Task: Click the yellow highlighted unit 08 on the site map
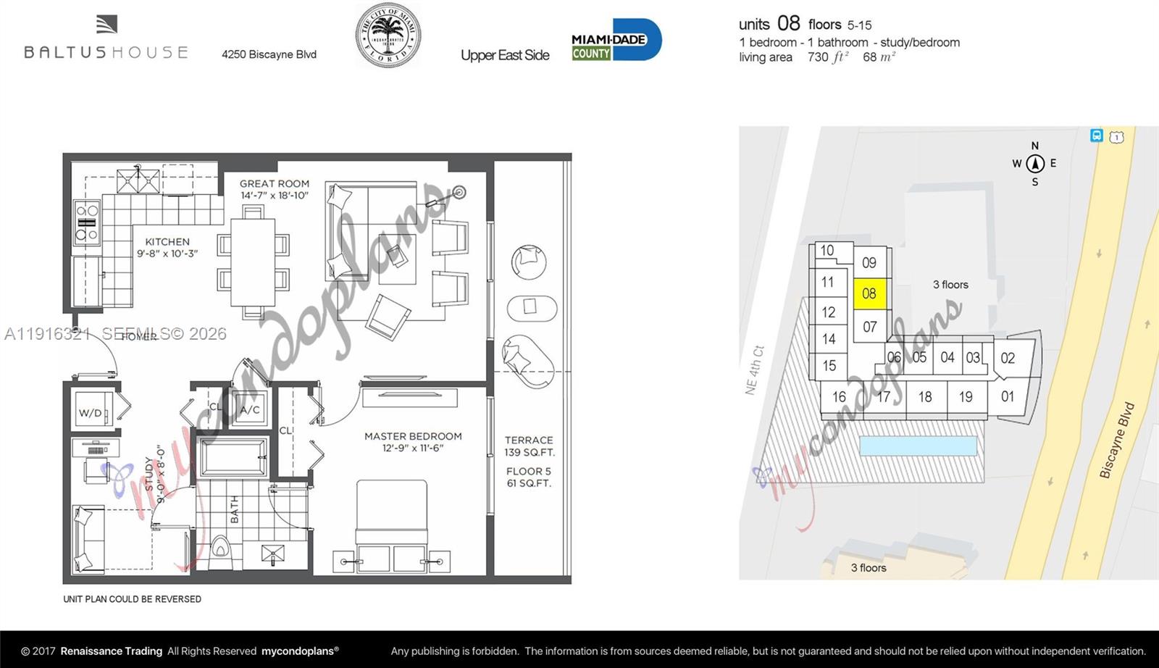click(x=869, y=293)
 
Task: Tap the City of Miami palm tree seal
click(x=388, y=36)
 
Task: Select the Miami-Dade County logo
click(x=616, y=40)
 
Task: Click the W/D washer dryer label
click(x=91, y=413)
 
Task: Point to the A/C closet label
click(x=250, y=410)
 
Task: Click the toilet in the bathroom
click(x=220, y=554)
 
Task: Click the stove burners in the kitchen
click(x=87, y=222)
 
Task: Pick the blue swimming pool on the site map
click(x=918, y=445)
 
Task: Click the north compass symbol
click(x=1034, y=163)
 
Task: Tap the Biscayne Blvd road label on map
click(x=1116, y=441)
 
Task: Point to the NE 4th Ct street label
click(x=754, y=370)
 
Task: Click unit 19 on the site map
click(x=966, y=397)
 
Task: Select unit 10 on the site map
click(x=827, y=251)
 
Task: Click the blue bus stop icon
click(x=1097, y=135)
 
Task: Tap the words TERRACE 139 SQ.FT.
click(x=529, y=446)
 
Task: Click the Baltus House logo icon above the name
click(x=106, y=25)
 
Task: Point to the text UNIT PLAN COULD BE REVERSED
click(x=132, y=599)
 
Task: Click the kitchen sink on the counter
click(x=138, y=178)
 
